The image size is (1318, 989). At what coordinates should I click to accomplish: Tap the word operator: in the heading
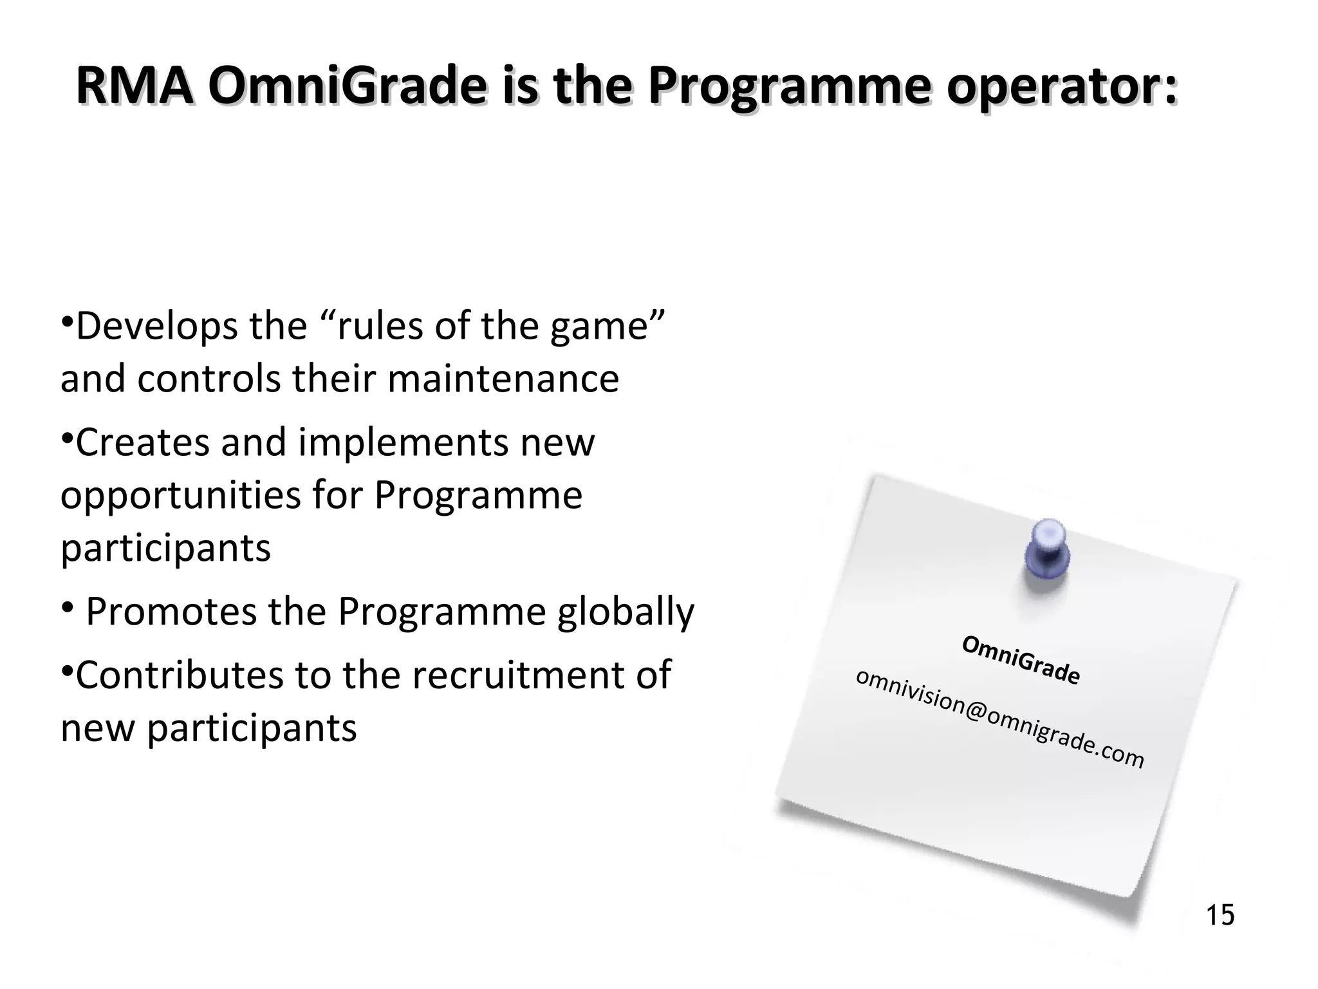point(1061,88)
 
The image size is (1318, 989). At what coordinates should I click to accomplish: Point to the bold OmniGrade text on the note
point(1021,660)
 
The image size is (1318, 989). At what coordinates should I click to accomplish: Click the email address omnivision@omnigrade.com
point(999,718)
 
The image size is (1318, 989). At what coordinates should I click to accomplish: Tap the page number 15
point(1220,916)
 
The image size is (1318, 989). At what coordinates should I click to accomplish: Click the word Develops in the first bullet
point(158,326)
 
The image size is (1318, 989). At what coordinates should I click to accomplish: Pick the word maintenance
point(503,379)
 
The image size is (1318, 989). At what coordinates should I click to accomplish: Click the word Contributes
point(180,675)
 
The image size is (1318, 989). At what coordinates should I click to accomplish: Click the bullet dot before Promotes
point(68,607)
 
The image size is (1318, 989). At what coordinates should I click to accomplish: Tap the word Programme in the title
point(788,88)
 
